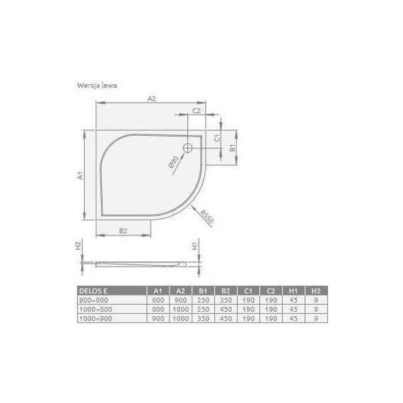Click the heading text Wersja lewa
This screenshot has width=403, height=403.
(97, 84)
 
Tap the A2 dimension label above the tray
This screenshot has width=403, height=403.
(151, 100)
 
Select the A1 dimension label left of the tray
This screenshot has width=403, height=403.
(81, 176)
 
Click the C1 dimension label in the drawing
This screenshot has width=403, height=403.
(218, 139)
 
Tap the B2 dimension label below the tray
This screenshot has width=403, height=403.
(122, 230)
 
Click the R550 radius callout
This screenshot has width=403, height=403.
(206, 216)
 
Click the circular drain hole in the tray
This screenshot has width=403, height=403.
(188, 148)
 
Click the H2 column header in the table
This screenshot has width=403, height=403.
(316, 290)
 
